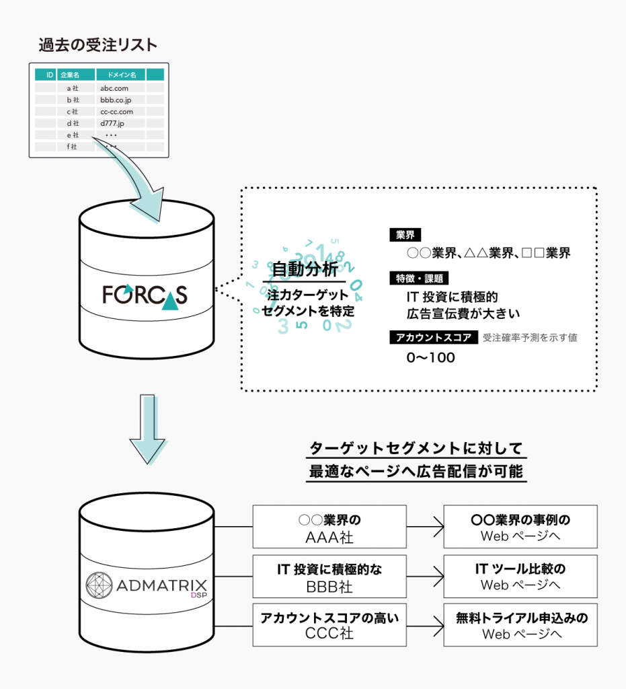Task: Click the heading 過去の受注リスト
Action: tap(98, 46)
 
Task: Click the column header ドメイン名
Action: tap(120, 75)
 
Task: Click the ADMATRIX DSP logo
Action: tap(146, 583)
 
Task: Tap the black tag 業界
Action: tap(405, 235)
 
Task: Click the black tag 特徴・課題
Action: tap(418, 279)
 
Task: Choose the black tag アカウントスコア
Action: tap(434, 338)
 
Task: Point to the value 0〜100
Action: tap(431, 358)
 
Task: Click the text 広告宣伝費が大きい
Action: tap(463, 313)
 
